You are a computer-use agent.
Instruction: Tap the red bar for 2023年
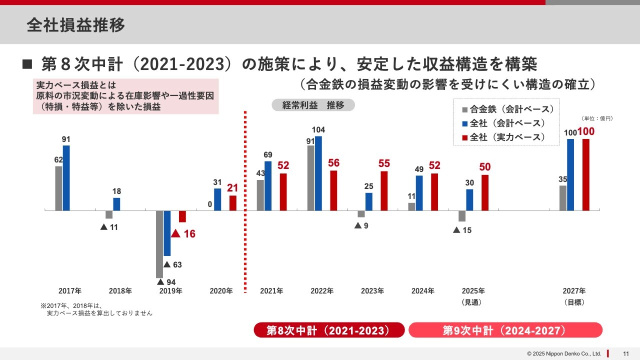(384, 191)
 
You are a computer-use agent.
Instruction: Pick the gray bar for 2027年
(563, 198)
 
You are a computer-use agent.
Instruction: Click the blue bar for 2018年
(116, 204)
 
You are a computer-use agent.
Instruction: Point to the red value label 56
(333, 163)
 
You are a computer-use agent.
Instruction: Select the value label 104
(318, 130)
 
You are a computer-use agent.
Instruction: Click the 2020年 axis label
(221, 290)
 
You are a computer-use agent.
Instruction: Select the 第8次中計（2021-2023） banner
(328, 330)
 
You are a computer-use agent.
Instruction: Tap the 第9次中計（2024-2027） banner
(505, 330)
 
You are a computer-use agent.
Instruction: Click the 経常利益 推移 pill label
(313, 105)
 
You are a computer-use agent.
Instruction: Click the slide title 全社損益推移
(76, 25)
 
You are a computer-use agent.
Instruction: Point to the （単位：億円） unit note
(597, 118)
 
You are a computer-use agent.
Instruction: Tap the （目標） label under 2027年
(574, 302)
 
